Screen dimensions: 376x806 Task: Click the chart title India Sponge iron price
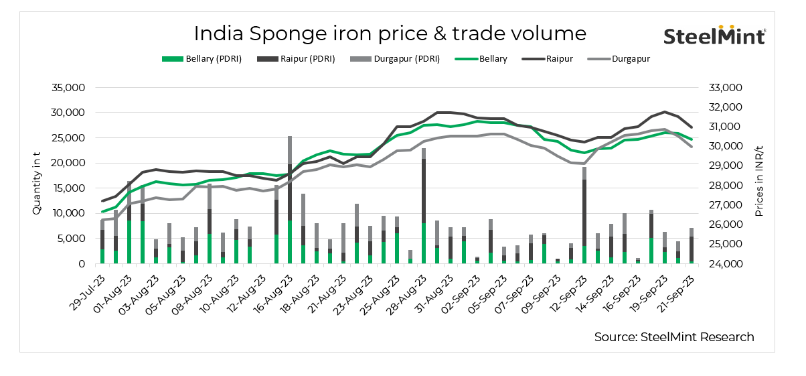coord(390,34)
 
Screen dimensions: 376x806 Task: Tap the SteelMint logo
coord(714,36)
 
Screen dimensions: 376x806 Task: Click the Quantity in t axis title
coord(37,176)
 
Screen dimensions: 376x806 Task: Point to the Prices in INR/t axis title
coord(759,176)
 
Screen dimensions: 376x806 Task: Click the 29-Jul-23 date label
coord(85,288)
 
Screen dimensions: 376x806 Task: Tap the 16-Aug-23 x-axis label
coord(272,288)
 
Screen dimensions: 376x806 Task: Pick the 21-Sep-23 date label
coord(680,288)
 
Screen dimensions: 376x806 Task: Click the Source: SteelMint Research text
coord(673,336)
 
